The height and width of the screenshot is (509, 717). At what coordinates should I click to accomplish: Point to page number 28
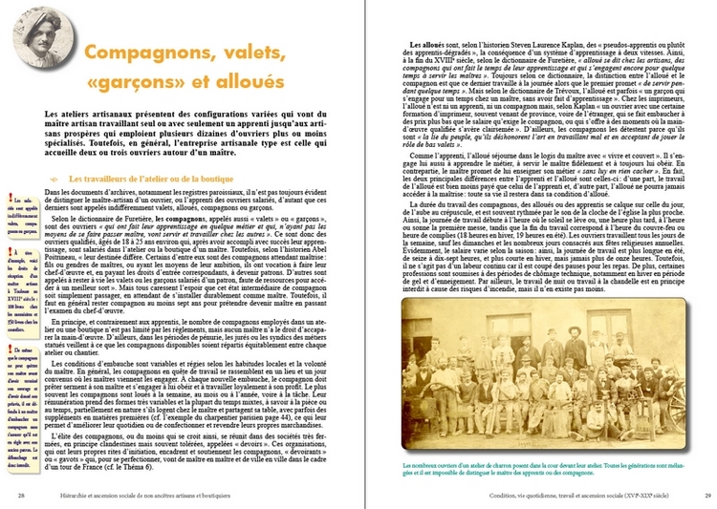coord(20,495)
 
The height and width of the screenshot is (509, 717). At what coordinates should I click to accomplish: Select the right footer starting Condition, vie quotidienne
coord(564,495)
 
